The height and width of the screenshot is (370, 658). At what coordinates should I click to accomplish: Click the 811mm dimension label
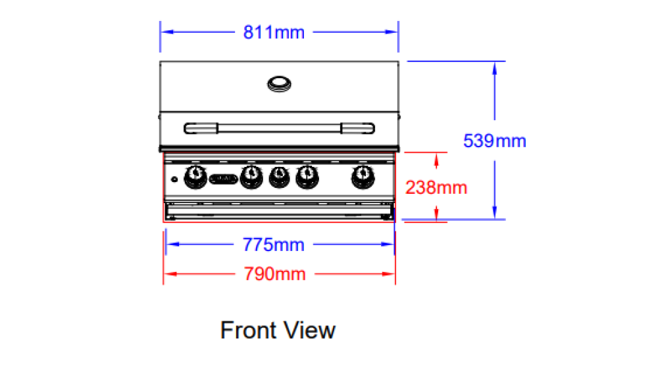tap(274, 32)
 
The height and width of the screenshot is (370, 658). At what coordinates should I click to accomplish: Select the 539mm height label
tap(494, 141)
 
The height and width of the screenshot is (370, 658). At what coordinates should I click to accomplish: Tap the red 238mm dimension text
tap(436, 188)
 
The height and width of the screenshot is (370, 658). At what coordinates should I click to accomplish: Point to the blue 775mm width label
tap(274, 245)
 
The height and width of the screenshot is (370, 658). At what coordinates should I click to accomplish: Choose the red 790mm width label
tap(275, 273)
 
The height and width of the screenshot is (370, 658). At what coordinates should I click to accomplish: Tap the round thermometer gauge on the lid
tap(279, 83)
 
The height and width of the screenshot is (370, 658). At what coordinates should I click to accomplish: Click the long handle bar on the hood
tap(279, 127)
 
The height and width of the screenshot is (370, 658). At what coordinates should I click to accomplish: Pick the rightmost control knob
tap(361, 175)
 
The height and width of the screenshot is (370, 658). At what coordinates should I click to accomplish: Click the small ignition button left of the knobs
tap(174, 179)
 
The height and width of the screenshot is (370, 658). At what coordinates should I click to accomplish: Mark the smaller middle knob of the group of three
tap(279, 175)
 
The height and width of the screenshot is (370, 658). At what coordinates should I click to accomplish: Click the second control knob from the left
tap(250, 175)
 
